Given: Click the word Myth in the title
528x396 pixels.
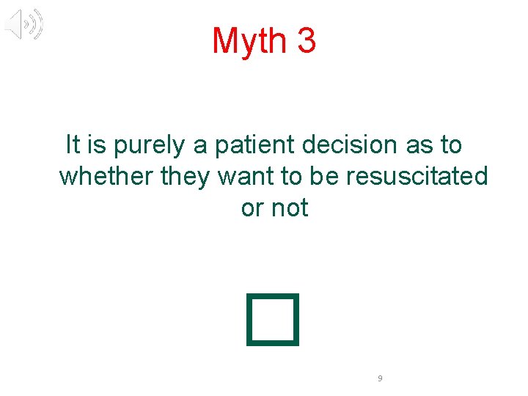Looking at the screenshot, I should tap(249, 41).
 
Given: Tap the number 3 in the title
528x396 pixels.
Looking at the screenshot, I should tap(307, 41).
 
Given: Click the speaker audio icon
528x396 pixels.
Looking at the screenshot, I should tap(24, 25).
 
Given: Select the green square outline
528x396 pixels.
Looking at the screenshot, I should tap(274, 319).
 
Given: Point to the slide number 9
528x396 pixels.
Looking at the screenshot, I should tap(379, 378).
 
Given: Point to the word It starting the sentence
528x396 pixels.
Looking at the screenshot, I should tap(73, 144).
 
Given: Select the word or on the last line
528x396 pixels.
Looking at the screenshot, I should tap(252, 208).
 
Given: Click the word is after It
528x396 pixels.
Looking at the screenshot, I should tap(96, 144).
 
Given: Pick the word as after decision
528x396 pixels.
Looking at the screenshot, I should tap(419, 144).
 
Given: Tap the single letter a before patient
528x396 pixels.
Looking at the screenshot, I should tap(200, 145).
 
